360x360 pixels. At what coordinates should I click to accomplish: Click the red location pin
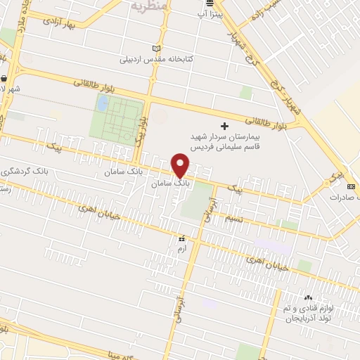(x=181, y=165)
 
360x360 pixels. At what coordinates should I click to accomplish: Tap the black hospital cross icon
(x=225, y=125)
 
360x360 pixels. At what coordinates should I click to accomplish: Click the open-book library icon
(x=157, y=48)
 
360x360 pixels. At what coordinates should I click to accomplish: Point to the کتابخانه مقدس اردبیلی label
(x=165, y=59)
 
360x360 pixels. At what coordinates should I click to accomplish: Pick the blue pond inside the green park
(x=103, y=104)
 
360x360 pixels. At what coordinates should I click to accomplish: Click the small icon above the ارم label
(x=181, y=238)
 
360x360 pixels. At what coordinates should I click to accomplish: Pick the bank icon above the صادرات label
(x=350, y=186)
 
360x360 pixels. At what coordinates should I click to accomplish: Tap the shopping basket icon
(x=5, y=79)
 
